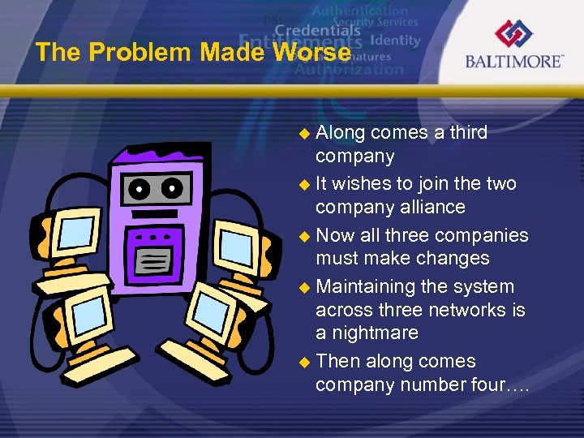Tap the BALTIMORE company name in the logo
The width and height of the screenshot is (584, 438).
[514, 61]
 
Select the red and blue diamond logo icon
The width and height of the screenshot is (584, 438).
[514, 33]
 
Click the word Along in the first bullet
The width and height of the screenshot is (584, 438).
[341, 132]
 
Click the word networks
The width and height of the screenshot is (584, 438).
[453, 310]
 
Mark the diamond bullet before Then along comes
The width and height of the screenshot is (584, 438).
[305, 362]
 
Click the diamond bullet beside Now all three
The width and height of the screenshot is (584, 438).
[305, 236]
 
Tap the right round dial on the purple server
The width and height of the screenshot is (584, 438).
[172, 188]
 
